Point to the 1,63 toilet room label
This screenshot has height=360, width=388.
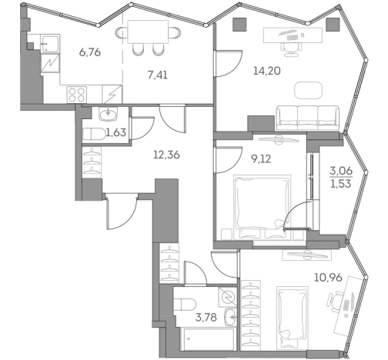(x=115, y=132)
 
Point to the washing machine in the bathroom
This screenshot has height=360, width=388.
(x=228, y=295)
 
